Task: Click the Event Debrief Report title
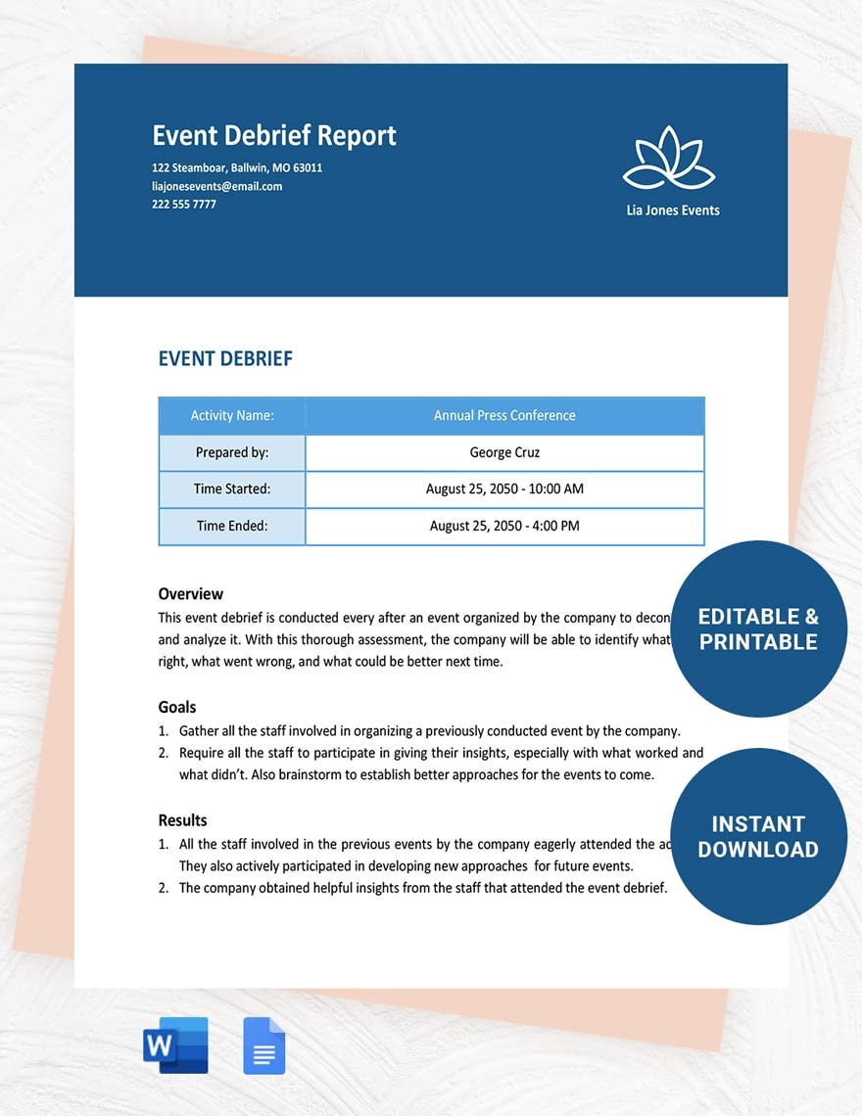coord(274,135)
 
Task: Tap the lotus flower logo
coord(669,159)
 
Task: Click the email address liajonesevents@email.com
coord(216,186)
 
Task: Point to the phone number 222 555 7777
coord(184,205)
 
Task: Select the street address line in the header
coord(237,167)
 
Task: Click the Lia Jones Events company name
coord(673,210)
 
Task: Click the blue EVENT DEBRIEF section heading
coord(225,359)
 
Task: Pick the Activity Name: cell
coord(232,416)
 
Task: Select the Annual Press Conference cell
coord(504,416)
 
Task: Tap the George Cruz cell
coord(504,452)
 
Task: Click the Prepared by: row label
coord(232,452)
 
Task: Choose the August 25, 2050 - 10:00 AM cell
coord(504,489)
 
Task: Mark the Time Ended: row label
coord(232,526)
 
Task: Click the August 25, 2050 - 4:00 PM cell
coord(504,526)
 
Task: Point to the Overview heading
coord(191,594)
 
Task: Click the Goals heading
coord(177,708)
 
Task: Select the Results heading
coord(183,820)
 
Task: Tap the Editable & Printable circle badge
coord(758,629)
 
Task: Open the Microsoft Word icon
coord(176,1046)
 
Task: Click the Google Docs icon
coord(264,1046)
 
